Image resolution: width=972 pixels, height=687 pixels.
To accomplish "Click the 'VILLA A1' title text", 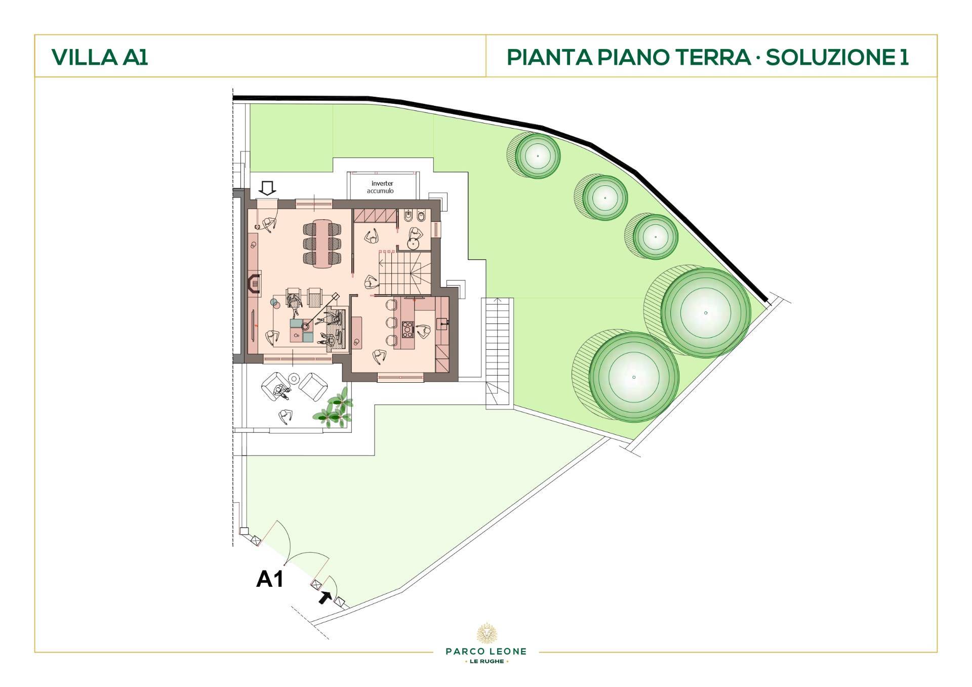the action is point(100,57).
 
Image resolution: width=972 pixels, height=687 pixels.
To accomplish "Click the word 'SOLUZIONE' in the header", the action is point(831,57).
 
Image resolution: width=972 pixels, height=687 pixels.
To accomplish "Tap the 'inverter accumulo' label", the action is point(382,187).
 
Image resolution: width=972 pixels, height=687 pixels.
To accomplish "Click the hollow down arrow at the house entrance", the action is point(267,188).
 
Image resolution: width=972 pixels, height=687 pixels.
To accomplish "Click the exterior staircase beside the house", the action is point(499,352).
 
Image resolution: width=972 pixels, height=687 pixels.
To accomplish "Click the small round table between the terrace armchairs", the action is point(294,378).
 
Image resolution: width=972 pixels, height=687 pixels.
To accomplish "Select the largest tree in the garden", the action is point(705,313).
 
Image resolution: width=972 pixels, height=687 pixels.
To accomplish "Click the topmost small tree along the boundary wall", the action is point(538,155).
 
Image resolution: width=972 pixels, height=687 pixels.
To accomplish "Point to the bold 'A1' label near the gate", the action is point(270,578).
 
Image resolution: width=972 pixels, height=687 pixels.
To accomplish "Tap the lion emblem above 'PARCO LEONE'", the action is point(486,633).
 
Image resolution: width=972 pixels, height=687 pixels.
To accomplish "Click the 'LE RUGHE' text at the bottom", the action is point(486,661).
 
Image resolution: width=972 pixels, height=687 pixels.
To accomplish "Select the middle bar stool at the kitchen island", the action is point(390,322).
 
